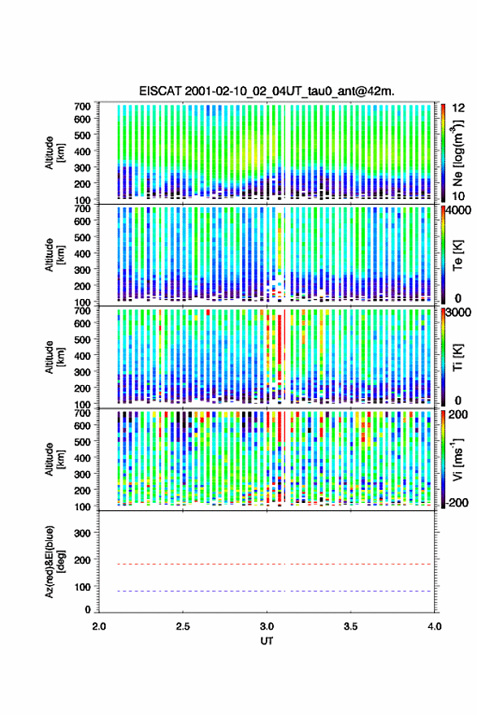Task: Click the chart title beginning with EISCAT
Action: coord(267,91)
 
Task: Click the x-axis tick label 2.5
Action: coord(183,626)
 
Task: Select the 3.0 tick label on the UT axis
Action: coord(267,626)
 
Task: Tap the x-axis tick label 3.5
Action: coord(351,626)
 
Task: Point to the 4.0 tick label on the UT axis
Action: coord(435,626)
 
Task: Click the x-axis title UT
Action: coord(267,641)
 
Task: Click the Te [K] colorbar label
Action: coord(457,255)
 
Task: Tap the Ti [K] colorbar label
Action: coord(457,357)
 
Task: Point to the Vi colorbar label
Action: coord(457,460)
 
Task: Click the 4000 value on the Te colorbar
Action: coord(459,210)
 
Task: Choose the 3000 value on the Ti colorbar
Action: coord(459,312)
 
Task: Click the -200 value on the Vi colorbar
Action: coord(457,502)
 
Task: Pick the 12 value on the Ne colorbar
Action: coord(459,108)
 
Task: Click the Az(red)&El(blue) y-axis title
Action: coord(54,561)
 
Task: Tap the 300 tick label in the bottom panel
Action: coord(82,533)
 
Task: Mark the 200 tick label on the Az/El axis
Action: coord(82,560)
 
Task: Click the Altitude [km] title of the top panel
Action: coord(54,153)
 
